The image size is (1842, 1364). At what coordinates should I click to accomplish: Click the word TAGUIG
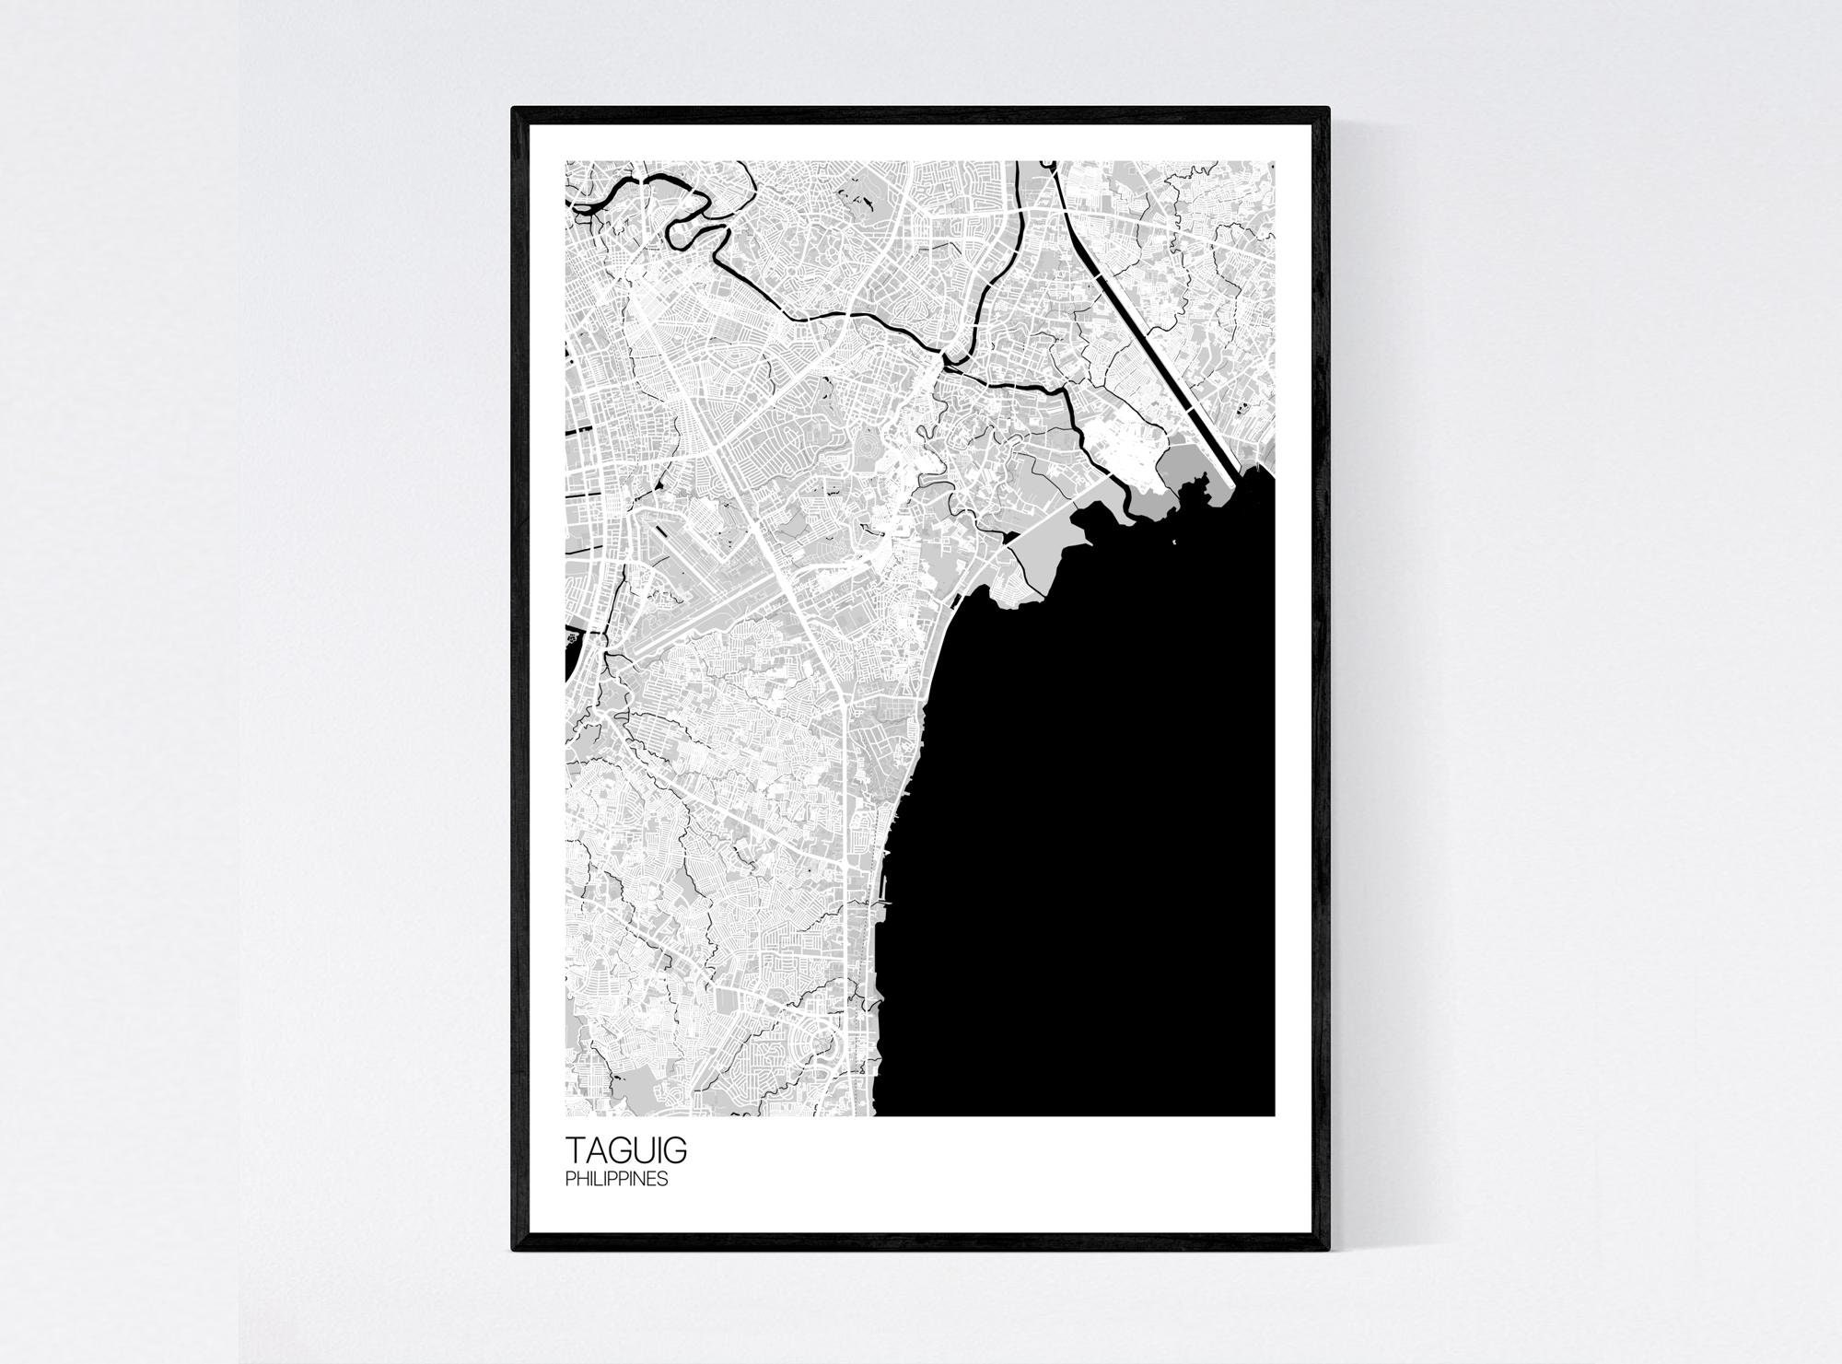tap(625, 1151)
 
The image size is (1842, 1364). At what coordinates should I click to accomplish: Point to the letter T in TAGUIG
tap(576, 1151)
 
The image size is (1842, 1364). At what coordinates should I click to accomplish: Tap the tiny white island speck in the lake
tap(1173, 541)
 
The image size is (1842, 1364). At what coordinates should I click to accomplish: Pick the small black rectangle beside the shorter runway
tap(660, 531)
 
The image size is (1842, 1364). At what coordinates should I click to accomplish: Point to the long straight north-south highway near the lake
tap(845, 829)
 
